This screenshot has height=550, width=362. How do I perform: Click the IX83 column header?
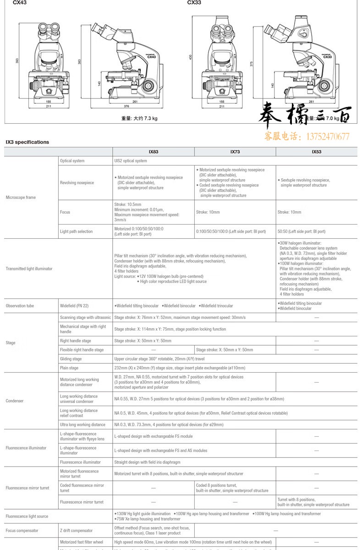pyautogui.click(x=154, y=151)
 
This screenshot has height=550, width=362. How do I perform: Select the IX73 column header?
pyautogui.click(x=235, y=151)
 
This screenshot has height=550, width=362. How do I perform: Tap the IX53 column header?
pyautogui.click(x=317, y=151)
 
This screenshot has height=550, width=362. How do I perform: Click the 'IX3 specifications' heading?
pyautogui.click(x=27, y=142)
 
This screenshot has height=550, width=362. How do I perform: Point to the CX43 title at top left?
pyautogui.click(x=20, y=3)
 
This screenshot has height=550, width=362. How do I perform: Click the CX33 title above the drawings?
pyautogui.click(x=194, y=3)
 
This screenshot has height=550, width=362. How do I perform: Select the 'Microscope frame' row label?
pyautogui.click(x=21, y=198)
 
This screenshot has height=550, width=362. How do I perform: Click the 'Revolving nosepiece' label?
pyautogui.click(x=77, y=183)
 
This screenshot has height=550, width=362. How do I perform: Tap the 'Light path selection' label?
pyautogui.click(x=76, y=231)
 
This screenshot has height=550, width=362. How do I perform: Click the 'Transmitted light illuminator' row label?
pyautogui.click(x=29, y=269)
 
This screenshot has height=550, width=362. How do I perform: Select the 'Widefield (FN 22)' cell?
pyautogui.click(x=74, y=306)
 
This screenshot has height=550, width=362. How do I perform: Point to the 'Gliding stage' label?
pyautogui.click(x=71, y=359)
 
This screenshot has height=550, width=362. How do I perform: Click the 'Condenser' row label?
pyautogui.click(x=15, y=401)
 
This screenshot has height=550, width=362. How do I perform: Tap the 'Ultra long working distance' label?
pyautogui.click(x=82, y=425)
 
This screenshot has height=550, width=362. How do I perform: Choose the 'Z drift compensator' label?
pyautogui.click(x=76, y=531)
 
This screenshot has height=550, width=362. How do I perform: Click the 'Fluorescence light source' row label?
pyautogui.click(x=27, y=517)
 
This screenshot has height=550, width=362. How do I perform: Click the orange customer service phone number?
pyautogui.click(x=307, y=137)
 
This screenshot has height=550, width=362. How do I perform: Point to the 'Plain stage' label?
pyautogui.click(x=69, y=368)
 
